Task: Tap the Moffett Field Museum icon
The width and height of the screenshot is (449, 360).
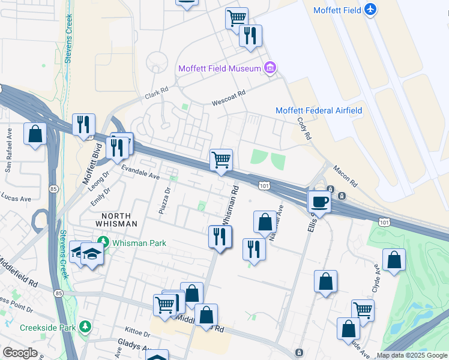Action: [x=270, y=68]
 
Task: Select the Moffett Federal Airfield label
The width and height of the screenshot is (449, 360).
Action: [x=318, y=110]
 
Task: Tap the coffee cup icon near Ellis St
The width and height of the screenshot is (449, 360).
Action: [x=319, y=202]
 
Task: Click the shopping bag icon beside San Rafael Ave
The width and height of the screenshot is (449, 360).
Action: [x=35, y=134]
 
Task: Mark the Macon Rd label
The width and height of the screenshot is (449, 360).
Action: [x=345, y=176]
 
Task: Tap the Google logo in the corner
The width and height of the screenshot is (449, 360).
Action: [x=20, y=353]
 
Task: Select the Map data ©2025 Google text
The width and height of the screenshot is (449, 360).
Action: [x=411, y=355]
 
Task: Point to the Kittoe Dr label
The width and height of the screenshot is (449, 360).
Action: [x=137, y=332]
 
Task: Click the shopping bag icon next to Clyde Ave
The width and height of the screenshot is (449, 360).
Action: [x=394, y=260]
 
